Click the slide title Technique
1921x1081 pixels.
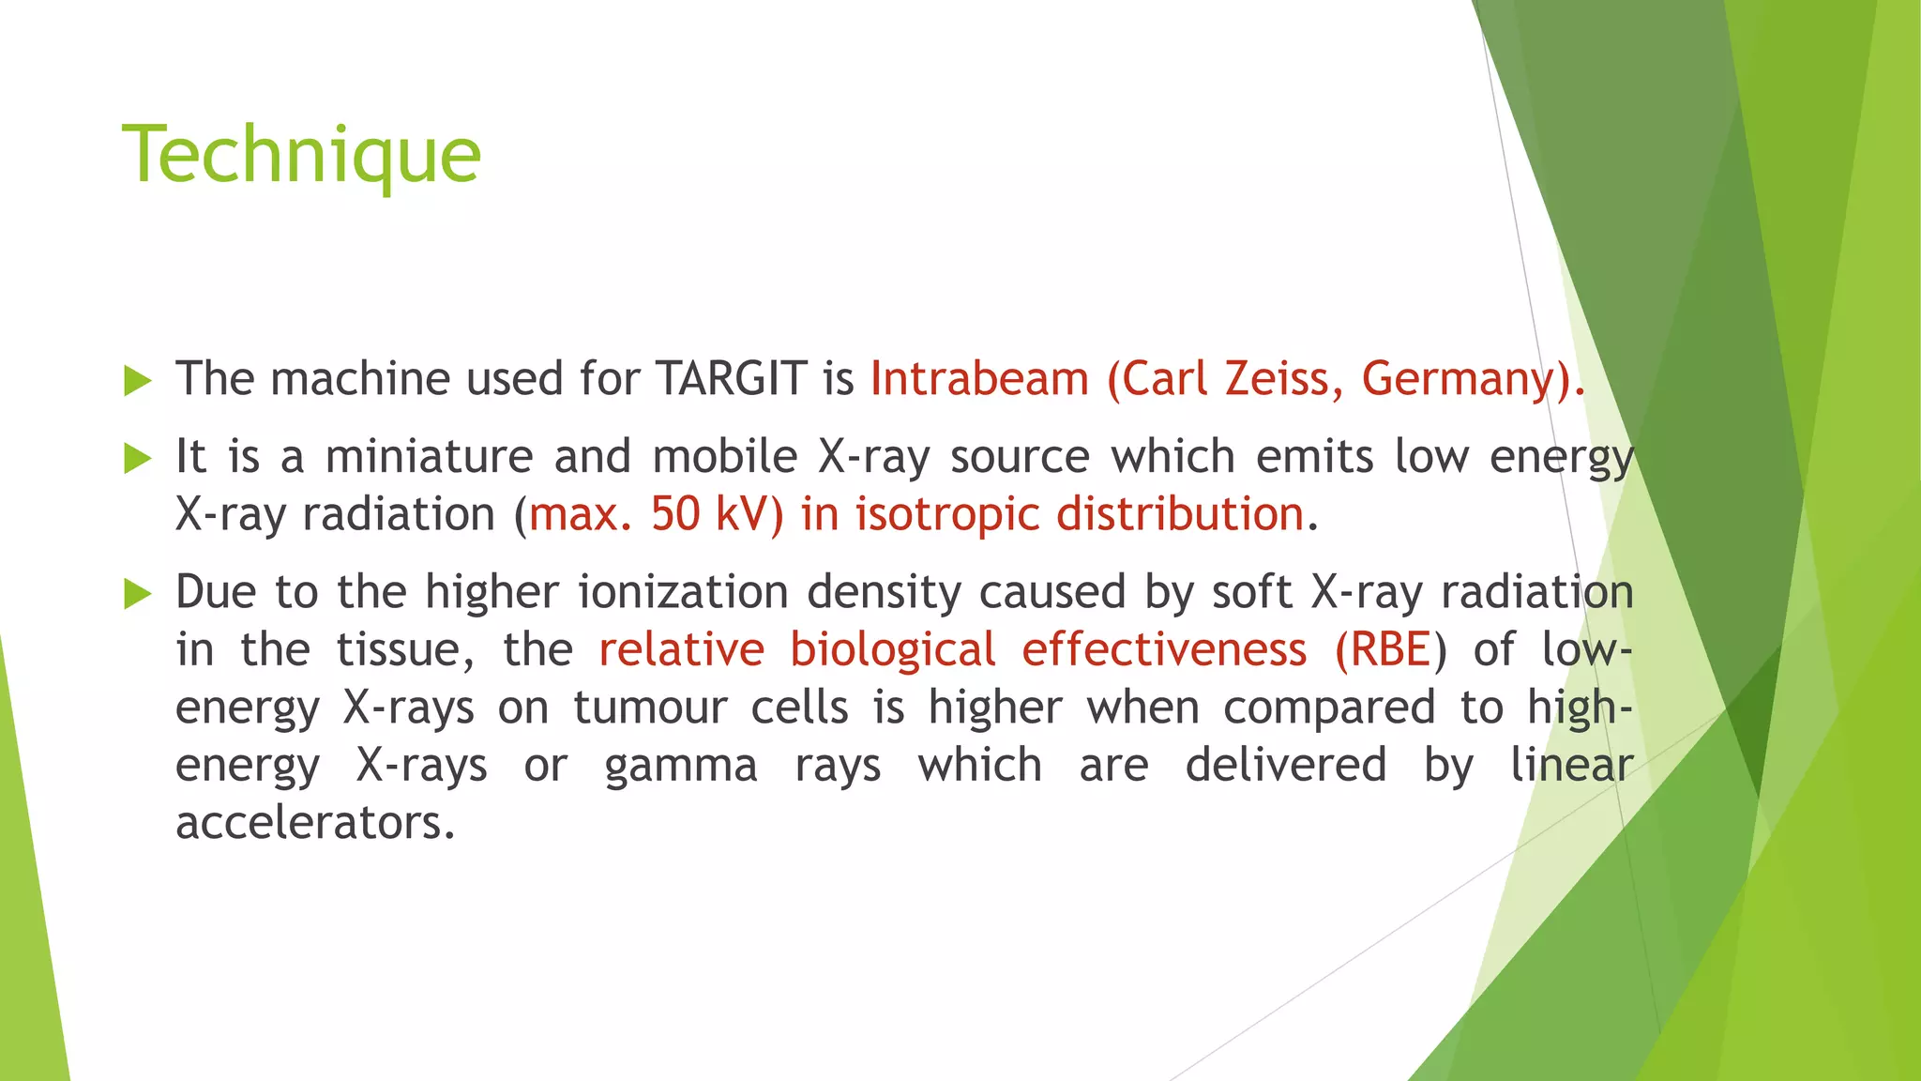[301, 156]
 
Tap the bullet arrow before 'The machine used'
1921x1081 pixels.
[138, 381]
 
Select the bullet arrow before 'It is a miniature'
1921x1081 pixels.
[138, 459]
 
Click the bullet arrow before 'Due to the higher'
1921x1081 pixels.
[138, 594]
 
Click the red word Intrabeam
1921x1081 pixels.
[979, 379]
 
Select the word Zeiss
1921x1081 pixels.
[1283, 379]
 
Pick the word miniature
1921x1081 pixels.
[429, 457]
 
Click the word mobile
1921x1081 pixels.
[724, 457]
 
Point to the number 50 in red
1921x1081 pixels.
[675, 514]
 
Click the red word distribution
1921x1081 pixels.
[1180, 514]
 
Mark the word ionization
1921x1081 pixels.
[683, 592]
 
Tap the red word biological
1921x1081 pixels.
[892, 650]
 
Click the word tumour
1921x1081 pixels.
[650, 708]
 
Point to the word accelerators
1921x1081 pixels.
[315, 823]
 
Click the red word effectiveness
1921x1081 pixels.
[1164, 650]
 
